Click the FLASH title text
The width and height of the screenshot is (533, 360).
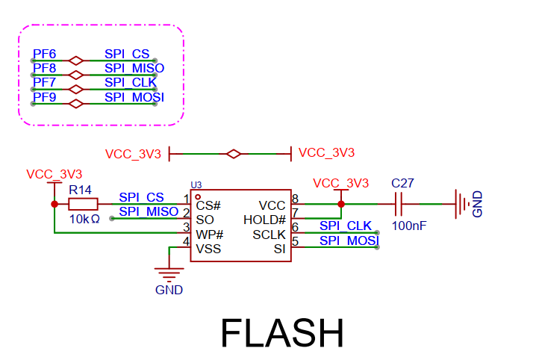coord(281,333)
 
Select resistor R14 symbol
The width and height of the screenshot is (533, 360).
coord(82,204)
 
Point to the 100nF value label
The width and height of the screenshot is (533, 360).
coord(408,225)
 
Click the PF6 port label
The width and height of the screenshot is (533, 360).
coord(44,55)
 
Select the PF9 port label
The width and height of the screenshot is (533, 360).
coord(44,97)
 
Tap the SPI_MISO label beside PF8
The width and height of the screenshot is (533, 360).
coord(134,69)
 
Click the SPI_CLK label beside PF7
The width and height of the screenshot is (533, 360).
coord(129,83)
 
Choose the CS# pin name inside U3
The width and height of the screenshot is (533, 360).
coord(208,205)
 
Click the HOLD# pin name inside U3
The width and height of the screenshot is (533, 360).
coord(264,220)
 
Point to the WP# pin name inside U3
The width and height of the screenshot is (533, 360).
coord(210,235)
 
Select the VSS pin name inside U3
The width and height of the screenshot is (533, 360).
coord(208,249)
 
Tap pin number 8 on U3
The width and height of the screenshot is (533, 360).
coord(295,199)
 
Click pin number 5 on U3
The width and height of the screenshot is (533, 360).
coord(295,241)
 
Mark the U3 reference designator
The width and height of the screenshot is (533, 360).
coord(196,184)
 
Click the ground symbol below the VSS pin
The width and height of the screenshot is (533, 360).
coord(169,273)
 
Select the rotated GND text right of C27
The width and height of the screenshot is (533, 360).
coord(478,203)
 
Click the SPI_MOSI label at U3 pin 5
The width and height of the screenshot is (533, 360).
coord(349,240)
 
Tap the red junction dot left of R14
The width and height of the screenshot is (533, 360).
coord(54,204)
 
